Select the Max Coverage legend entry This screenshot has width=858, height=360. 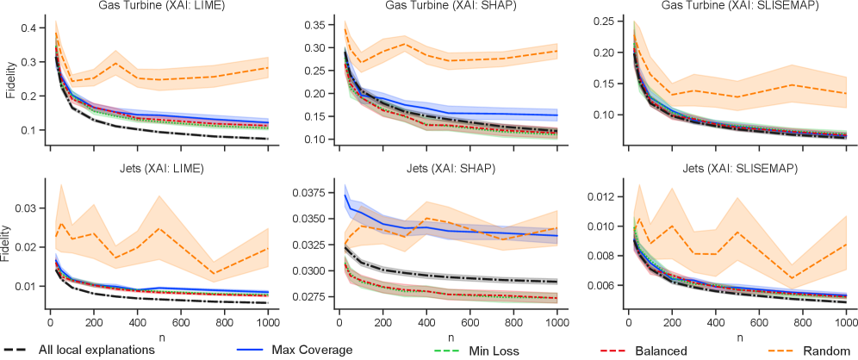point(309,351)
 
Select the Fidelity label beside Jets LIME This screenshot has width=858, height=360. point(8,245)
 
